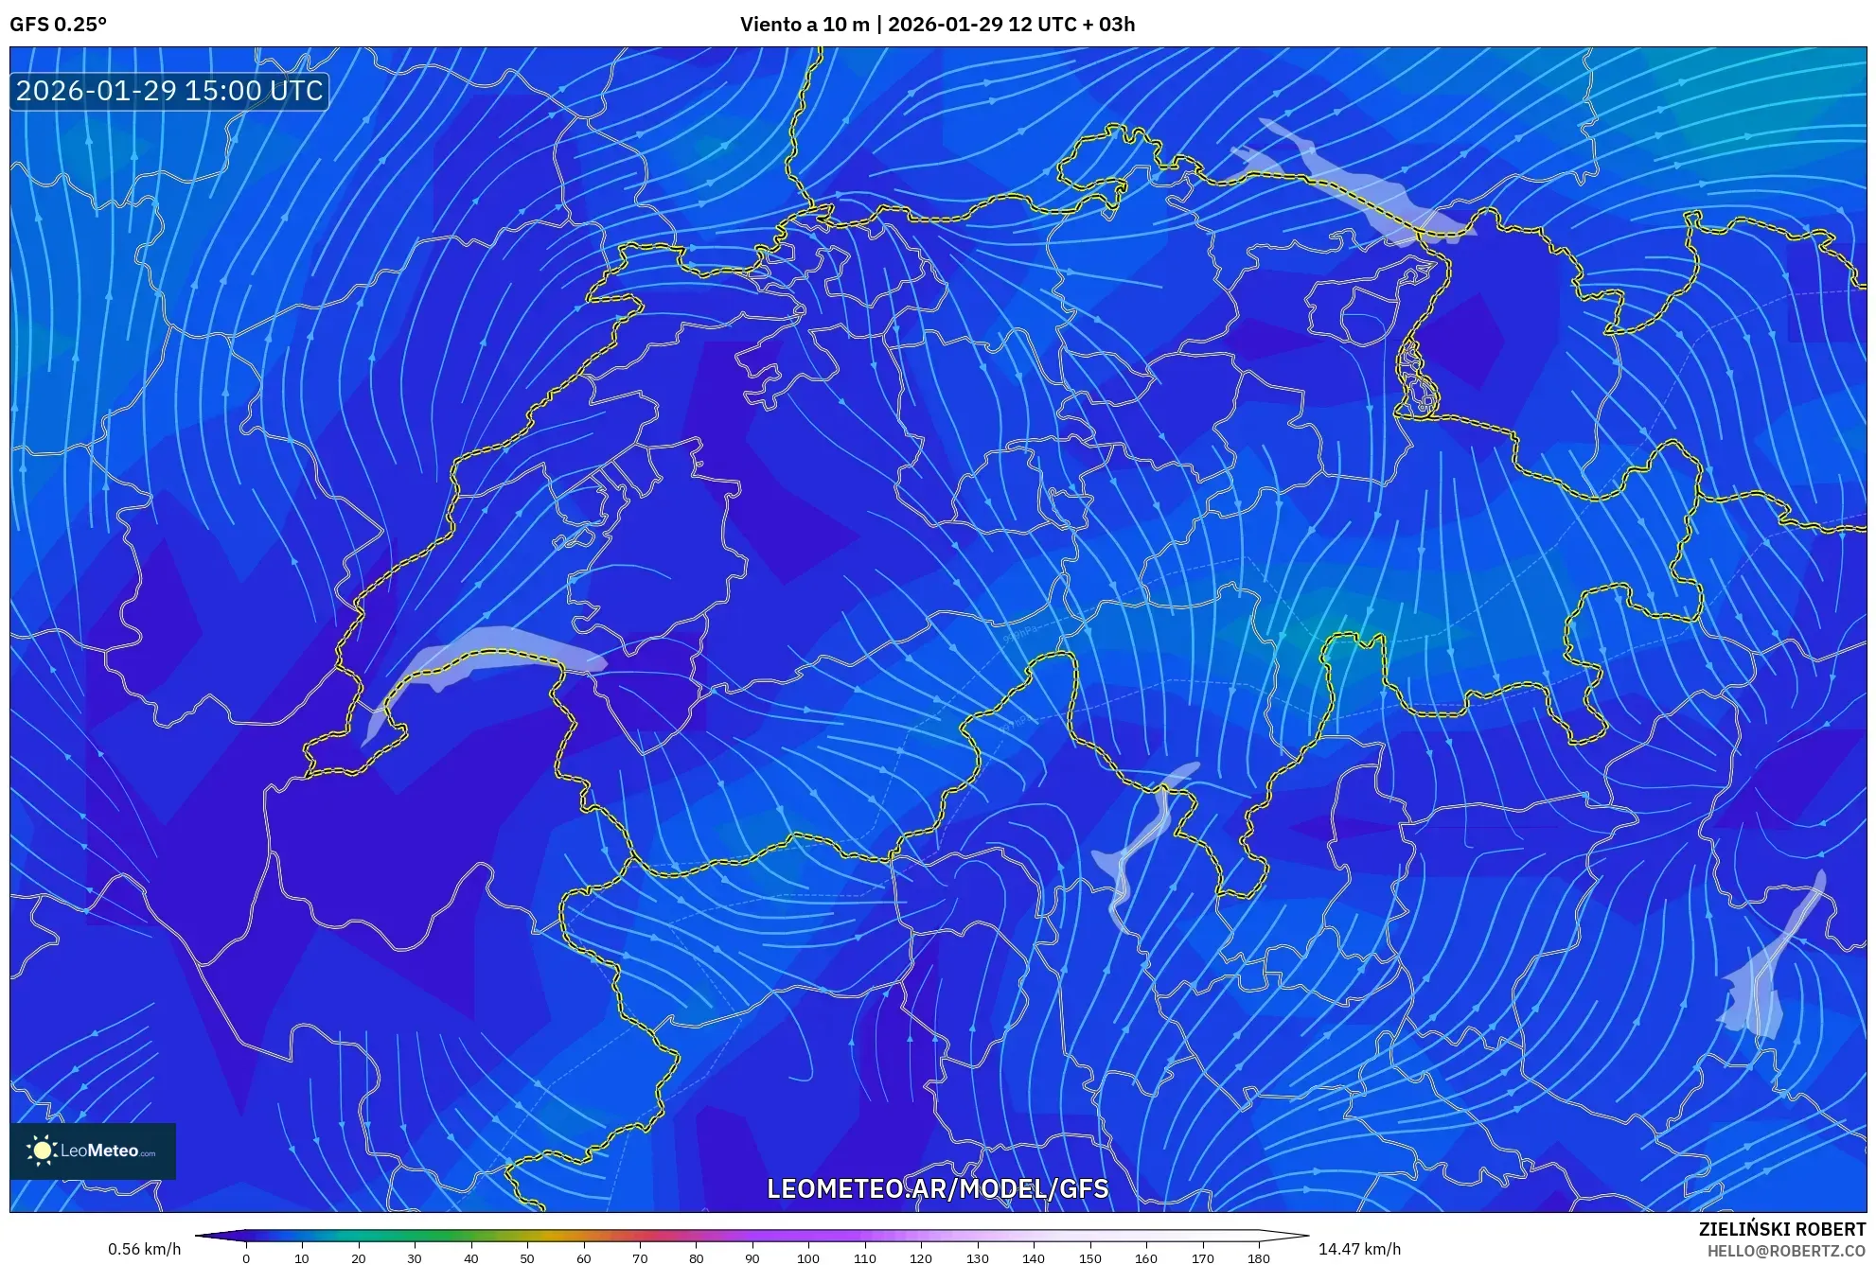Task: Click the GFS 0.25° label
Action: coord(58,24)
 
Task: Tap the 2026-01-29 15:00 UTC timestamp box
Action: coord(169,91)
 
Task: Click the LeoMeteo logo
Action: coord(93,1151)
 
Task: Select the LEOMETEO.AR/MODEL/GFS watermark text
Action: coord(937,1188)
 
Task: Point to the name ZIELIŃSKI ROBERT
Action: coord(1781,1229)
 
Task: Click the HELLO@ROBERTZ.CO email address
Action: coord(1786,1251)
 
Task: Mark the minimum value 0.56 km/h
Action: coord(144,1249)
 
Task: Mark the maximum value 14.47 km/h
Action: coord(1359,1249)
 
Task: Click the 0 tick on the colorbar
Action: coord(246,1257)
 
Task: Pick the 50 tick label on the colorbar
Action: coord(527,1257)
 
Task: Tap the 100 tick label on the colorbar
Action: coord(808,1257)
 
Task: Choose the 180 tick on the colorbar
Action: coord(1258,1257)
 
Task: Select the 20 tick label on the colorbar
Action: coord(358,1257)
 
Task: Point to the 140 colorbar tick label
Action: coord(1034,1257)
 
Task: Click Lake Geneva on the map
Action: coord(473,653)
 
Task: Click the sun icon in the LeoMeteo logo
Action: coord(42,1151)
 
